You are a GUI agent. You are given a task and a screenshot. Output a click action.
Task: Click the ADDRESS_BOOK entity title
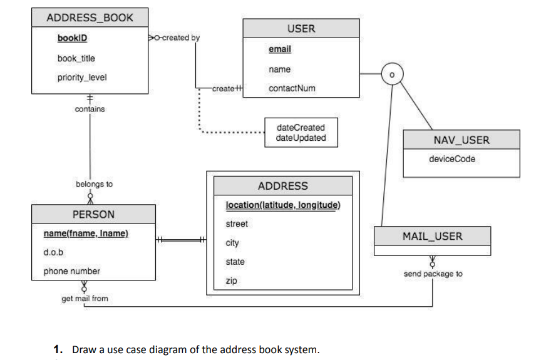(90, 18)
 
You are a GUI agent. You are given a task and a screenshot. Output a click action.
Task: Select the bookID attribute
(72, 38)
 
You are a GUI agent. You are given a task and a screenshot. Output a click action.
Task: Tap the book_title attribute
(76, 58)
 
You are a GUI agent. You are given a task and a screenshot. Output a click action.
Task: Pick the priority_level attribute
(81, 78)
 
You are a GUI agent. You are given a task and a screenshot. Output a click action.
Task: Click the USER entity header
(301, 29)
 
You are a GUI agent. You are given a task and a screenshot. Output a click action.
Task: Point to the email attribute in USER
(279, 49)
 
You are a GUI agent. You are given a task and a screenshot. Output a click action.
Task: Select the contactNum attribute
(292, 88)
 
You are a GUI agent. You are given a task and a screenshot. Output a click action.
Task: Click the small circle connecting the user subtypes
(392, 75)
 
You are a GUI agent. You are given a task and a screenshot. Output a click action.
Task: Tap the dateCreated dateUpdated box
(301, 133)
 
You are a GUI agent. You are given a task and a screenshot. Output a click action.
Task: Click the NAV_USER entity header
(461, 140)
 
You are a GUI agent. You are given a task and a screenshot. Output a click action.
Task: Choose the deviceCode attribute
(452, 159)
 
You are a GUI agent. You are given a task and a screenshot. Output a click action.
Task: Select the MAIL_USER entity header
(432, 236)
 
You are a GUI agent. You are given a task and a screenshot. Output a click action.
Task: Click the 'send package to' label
(433, 274)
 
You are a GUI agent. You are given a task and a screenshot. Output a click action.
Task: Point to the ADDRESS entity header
(283, 186)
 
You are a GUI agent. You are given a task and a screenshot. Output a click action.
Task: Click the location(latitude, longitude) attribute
(283, 205)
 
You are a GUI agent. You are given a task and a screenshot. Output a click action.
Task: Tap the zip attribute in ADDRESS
(231, 281)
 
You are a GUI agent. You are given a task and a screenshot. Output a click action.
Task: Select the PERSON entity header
(94, 214)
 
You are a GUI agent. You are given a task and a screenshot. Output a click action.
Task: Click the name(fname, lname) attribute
(86, 234)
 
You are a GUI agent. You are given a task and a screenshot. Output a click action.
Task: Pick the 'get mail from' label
(85, 299)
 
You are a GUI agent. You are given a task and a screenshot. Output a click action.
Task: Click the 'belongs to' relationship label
(94, 184)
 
